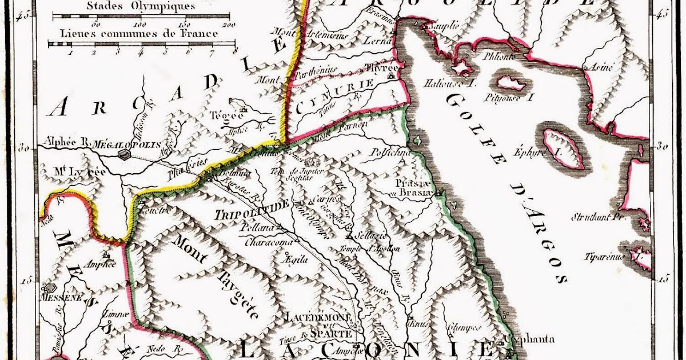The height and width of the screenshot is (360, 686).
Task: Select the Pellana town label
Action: pos(258,227)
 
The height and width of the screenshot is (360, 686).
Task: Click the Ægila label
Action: pos(296,259)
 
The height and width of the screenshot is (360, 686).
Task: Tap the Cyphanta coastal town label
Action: pos(529,339)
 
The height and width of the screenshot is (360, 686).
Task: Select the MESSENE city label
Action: pos(62,298)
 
